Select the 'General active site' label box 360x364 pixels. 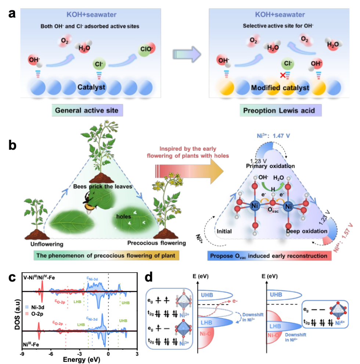coord(87,110)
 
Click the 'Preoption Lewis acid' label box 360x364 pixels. coord(281,110)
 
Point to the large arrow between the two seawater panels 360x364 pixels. coord(187,54)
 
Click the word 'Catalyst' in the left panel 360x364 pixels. coord(91,87)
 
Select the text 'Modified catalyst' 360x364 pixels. coord(280,88)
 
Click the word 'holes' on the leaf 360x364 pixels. coord(124,216)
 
